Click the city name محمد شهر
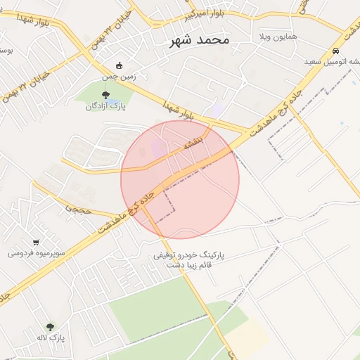point(200,40)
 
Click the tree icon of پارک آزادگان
point(105,95)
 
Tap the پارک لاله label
point(50,338)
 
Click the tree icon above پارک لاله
point(50,327)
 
